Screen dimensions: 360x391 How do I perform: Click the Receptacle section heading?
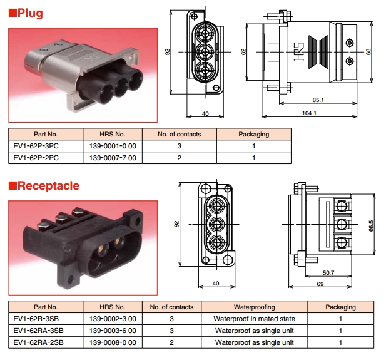pyautogui.click(x=48, y=185)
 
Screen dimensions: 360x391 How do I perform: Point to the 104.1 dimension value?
pyautogui.click(x=308, y=113)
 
